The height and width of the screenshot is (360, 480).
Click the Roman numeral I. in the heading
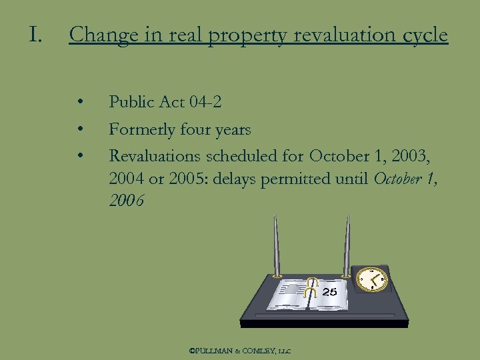(x=35, y=34)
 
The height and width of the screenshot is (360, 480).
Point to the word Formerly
(x=142, y=129)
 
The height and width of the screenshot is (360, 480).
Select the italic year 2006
(x=126, y=201)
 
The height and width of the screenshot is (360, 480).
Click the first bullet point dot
(x=80, y=103)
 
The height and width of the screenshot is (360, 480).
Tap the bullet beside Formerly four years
(x=80, y=129)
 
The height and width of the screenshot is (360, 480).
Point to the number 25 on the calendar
(x=329, y=292)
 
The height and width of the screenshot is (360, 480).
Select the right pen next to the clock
(x=347, y=247)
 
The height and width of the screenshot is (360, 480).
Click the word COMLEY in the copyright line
(x=257, y=349)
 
